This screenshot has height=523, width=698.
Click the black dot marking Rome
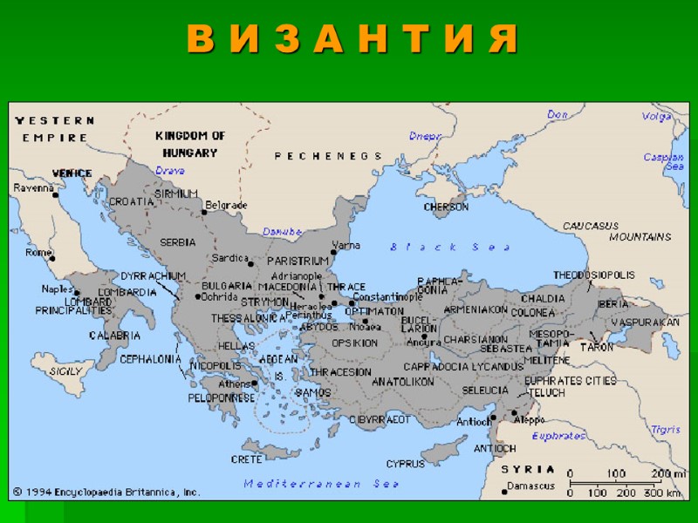pyautogui.click(x=51, y=258)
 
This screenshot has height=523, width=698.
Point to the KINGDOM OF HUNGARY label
pyautogui.click(x=190, y=144)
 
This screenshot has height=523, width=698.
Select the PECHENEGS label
pyautogui.click(x=328, y=156)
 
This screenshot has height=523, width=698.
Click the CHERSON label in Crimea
pyautogui.click(x=446, y=207)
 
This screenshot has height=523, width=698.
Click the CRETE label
pyautogui.click(x=246, y=458)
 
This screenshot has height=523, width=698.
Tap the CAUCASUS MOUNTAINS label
pyautogui.click(x=616, y=231)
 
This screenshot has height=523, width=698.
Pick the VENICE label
pyautogui.click(x=72, y=173)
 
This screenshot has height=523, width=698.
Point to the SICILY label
pyautogui.click(x=65, y=370)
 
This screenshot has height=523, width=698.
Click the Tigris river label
pyautogui.click(x=665, y=430)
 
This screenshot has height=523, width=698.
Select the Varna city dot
pyautogui.click(x=332, y=252)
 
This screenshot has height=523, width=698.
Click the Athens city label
pyautogui.click(x=234, y=384)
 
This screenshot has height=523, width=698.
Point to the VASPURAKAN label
pyautogui.click(x=644, y=322)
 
